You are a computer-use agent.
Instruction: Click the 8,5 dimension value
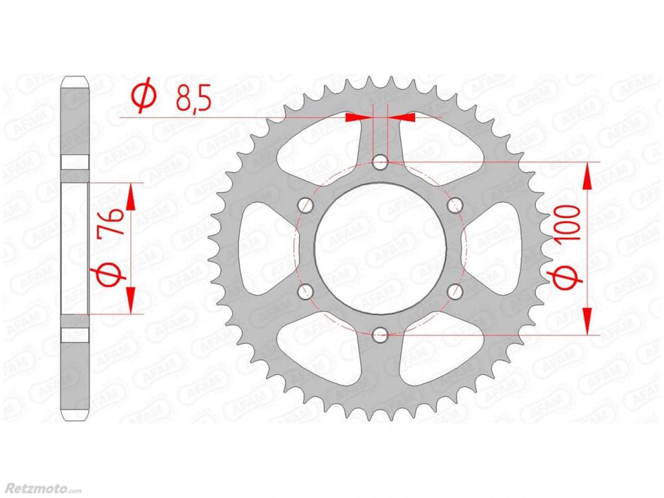[x=193, y=98]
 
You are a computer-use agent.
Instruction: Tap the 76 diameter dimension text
[x=110, y=222]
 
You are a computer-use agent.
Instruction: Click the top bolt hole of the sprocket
[x=380, y=161]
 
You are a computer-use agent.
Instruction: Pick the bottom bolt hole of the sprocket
[x=380, y=335]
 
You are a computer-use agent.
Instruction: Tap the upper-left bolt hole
[x=305, y=205]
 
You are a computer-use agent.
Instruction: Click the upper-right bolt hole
[x=455, y=205]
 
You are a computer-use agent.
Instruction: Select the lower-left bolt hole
[x=305, y=291]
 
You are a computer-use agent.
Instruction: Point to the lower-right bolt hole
[x=455, y=291]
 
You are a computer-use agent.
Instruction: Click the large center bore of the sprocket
[x=380, y=248]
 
